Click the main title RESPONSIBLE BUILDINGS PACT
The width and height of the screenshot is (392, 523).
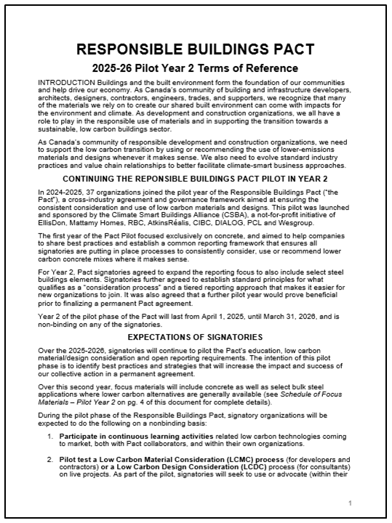tap(195, 49)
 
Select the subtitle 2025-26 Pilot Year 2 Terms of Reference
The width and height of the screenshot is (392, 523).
tap(195, 68)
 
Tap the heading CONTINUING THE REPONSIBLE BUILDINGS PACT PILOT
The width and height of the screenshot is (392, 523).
tap(195, 178)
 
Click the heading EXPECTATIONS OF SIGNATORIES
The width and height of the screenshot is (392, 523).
tap(195, 337)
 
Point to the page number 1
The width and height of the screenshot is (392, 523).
tap(350, 502)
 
